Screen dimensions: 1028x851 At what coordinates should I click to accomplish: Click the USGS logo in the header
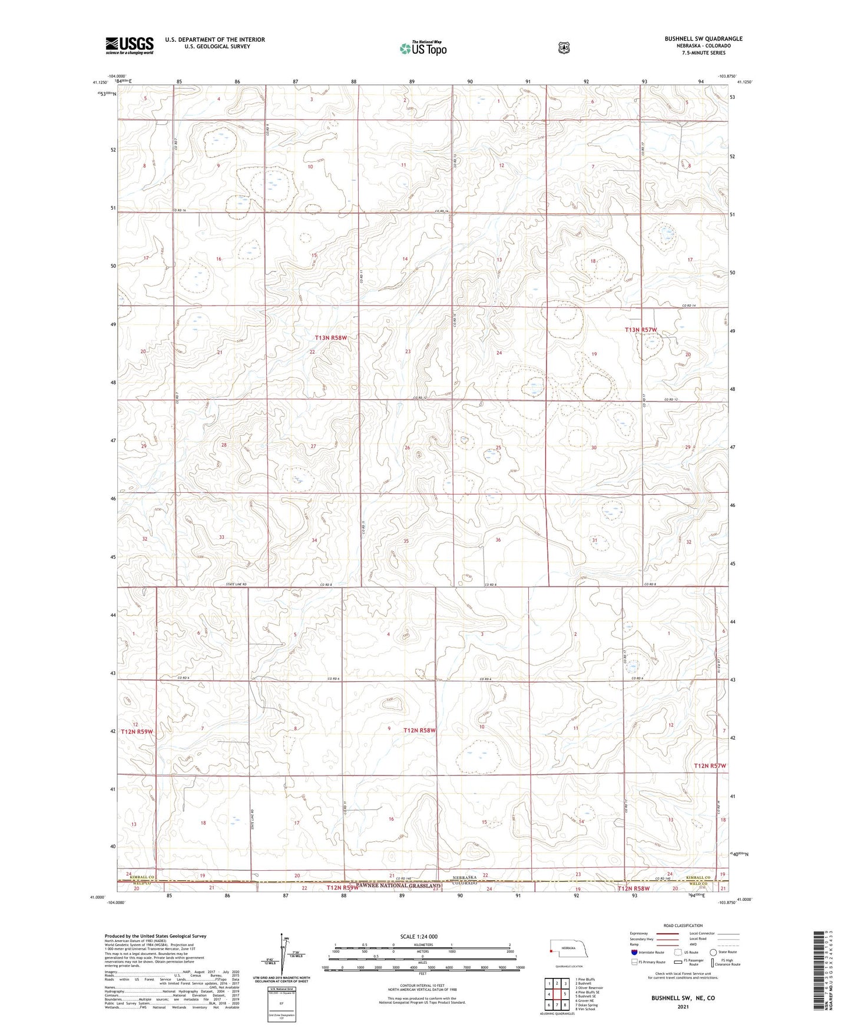130,45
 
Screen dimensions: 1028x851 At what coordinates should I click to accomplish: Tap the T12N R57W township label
710,766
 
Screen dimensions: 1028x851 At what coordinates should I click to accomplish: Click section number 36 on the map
498,540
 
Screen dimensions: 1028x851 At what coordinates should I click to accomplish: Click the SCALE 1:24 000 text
419,936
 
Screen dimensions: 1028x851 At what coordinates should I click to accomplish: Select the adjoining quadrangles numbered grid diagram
557,995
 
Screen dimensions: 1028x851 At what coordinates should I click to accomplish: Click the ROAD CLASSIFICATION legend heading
683,926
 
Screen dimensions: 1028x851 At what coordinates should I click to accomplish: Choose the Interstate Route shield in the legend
634,952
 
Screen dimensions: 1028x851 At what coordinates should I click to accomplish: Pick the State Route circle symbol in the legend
713,952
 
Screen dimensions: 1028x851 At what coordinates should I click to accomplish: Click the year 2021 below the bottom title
683,1007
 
